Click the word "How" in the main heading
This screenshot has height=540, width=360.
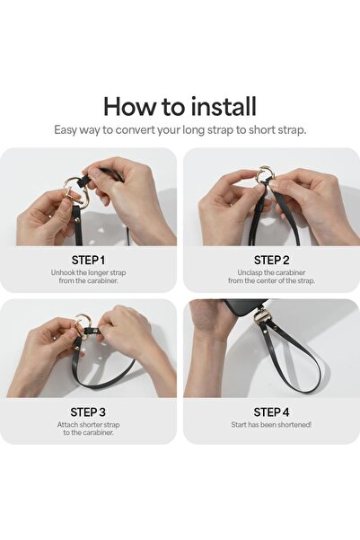click(130, 107)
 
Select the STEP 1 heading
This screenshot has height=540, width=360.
click(88, 260)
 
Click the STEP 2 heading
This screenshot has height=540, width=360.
click(271, 260)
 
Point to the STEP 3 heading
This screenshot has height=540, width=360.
click(88, 412)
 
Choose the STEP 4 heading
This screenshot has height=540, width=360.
click(271, 412)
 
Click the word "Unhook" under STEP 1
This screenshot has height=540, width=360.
click(63, 272)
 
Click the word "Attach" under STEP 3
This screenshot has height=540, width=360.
click(67, 425)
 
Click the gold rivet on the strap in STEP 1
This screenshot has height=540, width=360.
click(76, 219)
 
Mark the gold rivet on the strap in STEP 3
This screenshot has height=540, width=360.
click(77, 350)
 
